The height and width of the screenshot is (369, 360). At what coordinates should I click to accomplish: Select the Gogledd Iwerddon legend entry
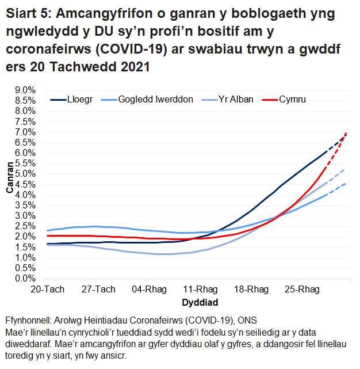point(155,99)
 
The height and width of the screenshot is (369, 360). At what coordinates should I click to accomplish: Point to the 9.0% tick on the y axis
point(25,90)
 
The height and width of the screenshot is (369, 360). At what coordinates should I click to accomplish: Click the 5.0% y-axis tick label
point(25,174)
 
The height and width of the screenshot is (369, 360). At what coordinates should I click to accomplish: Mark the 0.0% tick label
point(25,279)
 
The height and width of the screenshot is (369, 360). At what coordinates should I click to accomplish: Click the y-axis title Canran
point(9,184)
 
